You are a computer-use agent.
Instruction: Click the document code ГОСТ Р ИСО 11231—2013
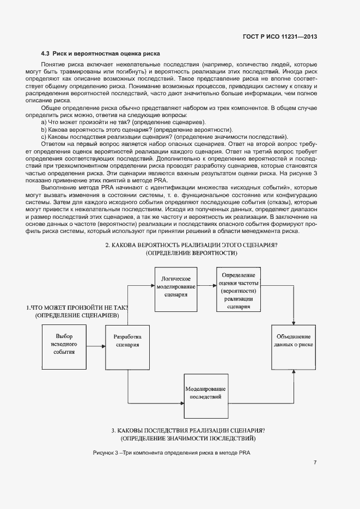(x=280, y=36)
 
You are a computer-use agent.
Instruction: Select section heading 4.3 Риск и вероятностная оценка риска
(x=100, y=54)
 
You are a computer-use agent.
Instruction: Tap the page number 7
(x=315, y=463)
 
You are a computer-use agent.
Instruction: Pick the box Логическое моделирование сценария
(x=176, y=286)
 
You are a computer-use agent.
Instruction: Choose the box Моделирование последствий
(x=205, y=393)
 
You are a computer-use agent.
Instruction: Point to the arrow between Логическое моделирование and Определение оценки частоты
(x=206, y=285)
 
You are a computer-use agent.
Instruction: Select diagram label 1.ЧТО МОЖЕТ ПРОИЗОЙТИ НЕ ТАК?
(x=76, y=308)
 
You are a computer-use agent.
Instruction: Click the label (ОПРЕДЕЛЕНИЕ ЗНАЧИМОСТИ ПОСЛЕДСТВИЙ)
(x=188, y=438)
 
